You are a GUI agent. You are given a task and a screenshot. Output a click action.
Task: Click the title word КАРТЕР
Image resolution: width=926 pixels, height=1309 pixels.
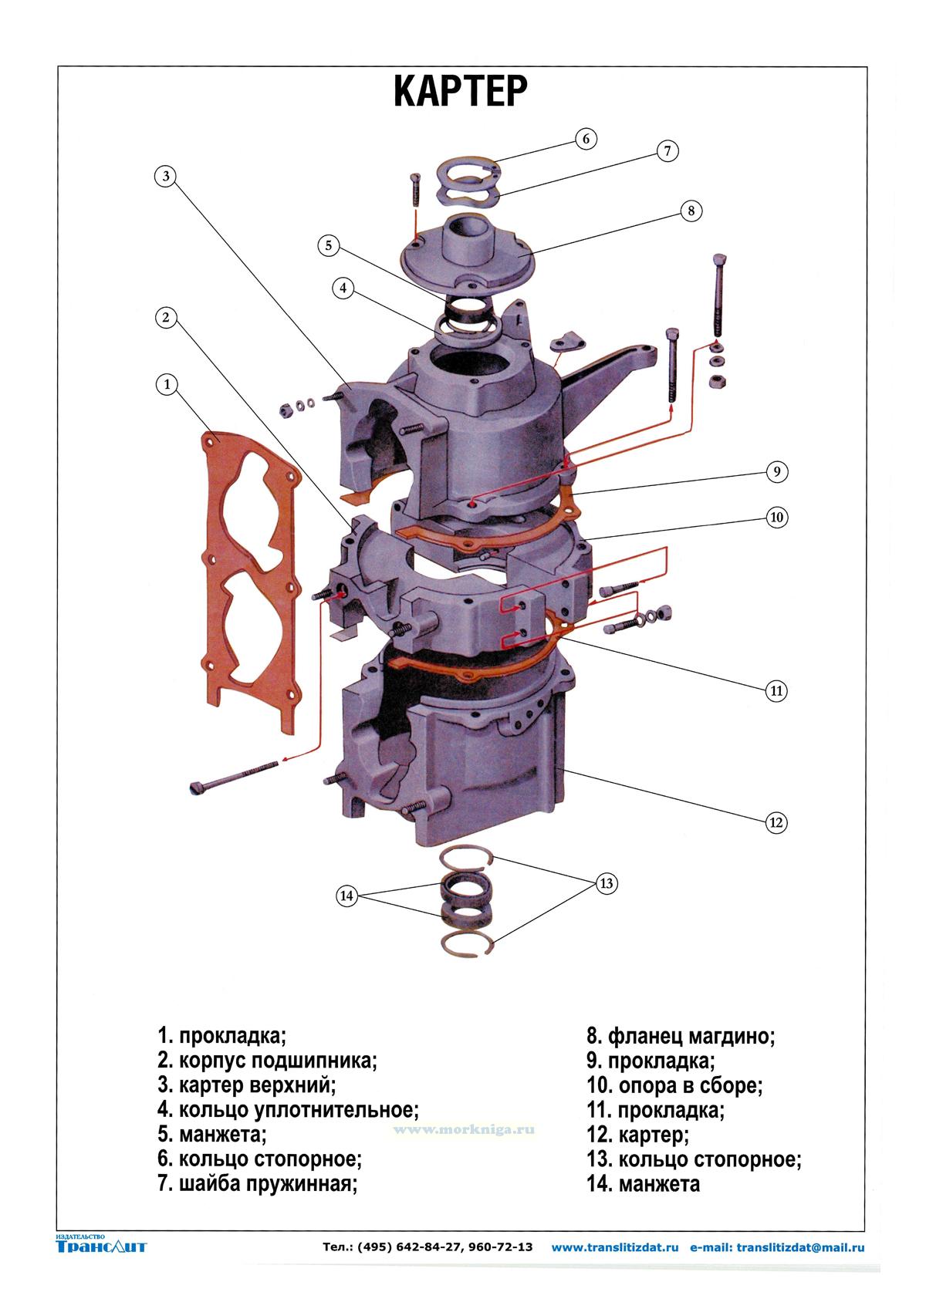(x=461, y=92)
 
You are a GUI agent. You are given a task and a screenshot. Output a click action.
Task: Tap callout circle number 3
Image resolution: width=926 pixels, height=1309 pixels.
(x=165, y=177)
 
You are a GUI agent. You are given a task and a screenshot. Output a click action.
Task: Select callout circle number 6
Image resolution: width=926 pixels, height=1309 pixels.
(x=586, y=139)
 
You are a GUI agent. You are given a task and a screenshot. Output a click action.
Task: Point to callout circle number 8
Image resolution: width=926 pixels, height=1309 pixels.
(x=691, y=210)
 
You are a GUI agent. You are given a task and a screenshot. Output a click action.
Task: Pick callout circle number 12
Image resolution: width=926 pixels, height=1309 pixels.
(x=776, y=822)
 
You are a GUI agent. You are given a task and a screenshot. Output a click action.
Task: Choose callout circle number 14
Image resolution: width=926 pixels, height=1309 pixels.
(x=347, y=896)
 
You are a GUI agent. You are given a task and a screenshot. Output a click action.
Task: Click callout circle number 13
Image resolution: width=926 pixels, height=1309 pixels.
(x=606, y=883)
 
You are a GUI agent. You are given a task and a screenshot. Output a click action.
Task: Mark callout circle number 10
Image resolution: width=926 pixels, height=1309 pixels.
(x=776, y=517)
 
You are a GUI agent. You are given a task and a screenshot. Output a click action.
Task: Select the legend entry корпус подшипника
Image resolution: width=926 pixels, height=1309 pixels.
(x=267, y=1061)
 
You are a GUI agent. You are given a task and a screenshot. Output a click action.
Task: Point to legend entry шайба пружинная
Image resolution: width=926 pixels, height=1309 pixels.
(x=258, y=1184)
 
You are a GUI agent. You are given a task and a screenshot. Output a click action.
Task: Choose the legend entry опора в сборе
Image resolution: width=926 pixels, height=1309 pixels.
(x=674, y=1085)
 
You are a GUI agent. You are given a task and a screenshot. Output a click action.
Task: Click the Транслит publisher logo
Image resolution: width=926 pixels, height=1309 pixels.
(x=101, y=1245)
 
